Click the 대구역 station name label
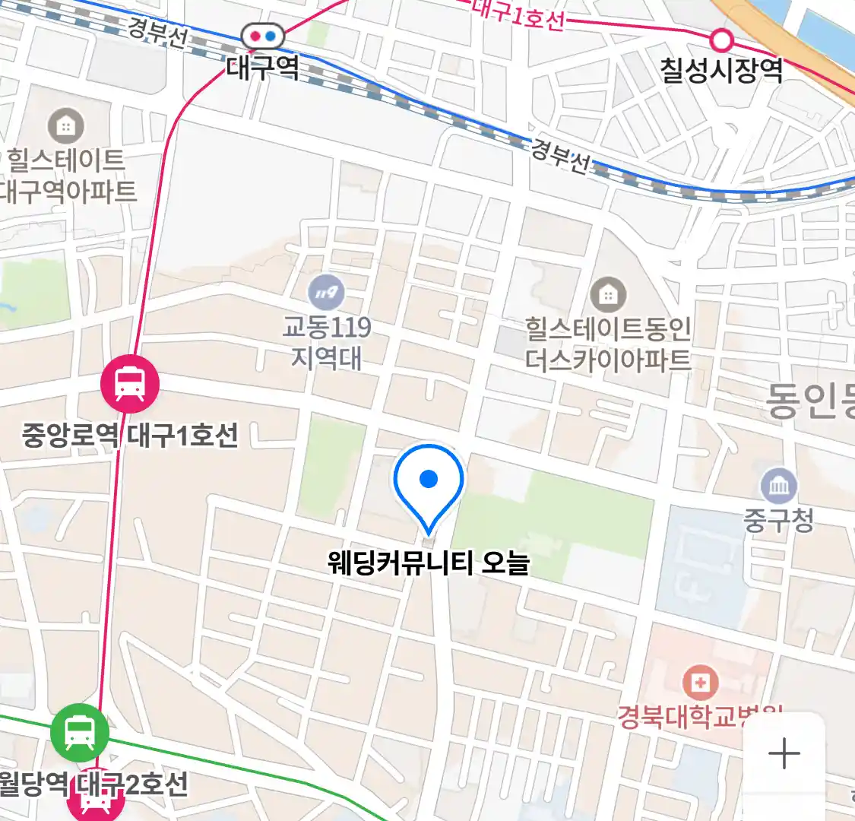pos(263,68)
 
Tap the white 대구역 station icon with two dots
pos(263,36)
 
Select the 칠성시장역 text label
pos(721,71)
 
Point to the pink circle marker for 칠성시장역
pos(720,39)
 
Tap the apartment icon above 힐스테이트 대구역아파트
pos(66,126)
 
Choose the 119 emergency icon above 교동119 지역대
pos(326,293)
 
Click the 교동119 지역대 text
pos(327,342)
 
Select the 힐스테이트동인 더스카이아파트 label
pos(608,344)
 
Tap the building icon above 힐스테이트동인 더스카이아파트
pos(608,294)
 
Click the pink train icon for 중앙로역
pos(130,384)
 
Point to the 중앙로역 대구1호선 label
pos(130,436)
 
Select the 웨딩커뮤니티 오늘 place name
pos(429,563)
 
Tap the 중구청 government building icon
pos(779,486)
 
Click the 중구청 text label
pos(779,521)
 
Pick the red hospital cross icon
pos(700,683)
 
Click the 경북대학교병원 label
pos(699,717)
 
